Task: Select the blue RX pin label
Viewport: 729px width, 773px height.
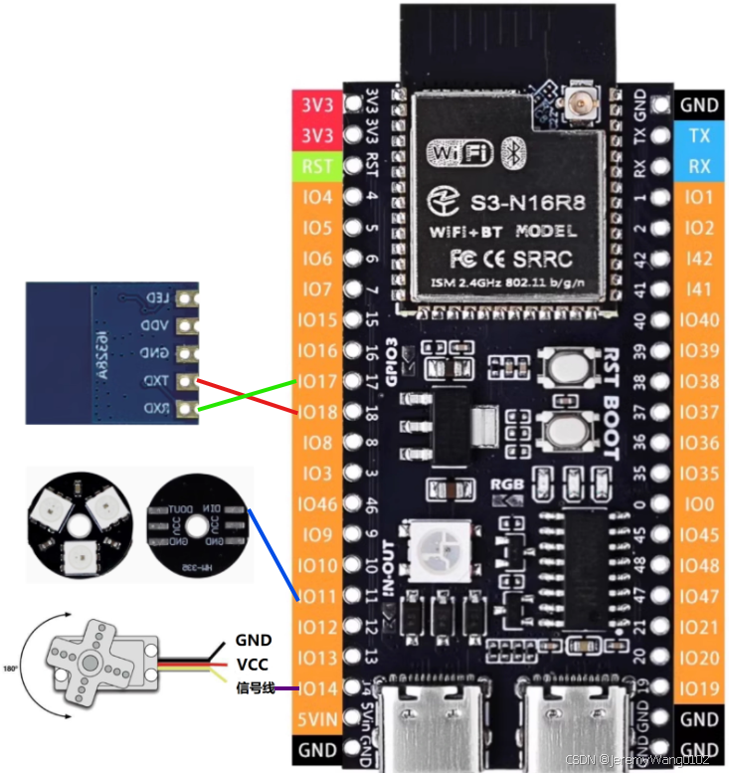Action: [699, 166]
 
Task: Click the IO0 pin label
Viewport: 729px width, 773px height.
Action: [699, 504]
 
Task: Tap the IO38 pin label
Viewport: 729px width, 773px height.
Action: [699, 381]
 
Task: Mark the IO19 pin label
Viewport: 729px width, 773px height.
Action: [699, 688]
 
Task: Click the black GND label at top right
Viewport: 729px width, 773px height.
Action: [699, 104]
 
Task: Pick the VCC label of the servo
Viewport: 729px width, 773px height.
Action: [254, 664]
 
